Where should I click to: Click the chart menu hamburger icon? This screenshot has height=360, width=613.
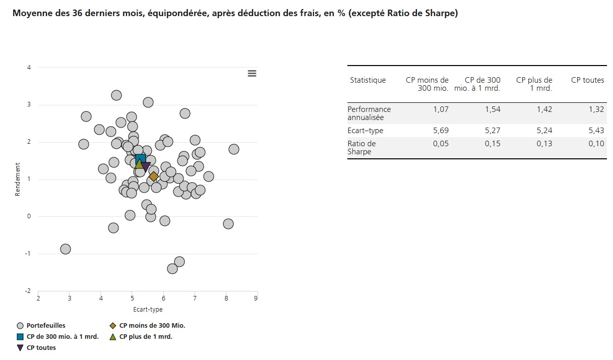point(252,74)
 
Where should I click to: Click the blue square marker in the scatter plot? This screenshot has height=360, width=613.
point(141,159)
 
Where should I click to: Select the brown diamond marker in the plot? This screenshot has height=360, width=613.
point(154,176)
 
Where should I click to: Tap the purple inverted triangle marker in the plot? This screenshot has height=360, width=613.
point(146,166)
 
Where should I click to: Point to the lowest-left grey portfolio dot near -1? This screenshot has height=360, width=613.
point(66,249)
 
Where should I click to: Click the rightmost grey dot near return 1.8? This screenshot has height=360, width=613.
point(233,149)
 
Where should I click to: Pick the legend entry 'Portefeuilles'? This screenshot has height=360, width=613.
point(45,326)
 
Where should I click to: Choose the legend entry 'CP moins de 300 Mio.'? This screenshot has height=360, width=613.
point(152,326)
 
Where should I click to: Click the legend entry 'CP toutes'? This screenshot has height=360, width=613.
point(41,348)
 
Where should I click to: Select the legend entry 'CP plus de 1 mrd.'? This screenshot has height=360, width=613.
point(145,337)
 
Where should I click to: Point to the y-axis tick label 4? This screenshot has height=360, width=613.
point(29,68)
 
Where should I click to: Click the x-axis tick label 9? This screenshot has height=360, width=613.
point(257,298)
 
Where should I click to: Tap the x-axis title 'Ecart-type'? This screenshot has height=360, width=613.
point(148,310)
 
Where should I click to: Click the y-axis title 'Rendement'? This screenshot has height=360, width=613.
point(18,179)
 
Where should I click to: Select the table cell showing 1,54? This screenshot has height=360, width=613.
point(493,109)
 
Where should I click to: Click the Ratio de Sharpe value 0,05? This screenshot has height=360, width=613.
point(440,144)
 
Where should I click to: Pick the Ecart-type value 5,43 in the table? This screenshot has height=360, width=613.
point(596,131)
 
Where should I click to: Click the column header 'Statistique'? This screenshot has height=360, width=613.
point(367,80)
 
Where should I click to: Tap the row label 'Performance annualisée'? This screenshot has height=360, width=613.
point(369,113)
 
